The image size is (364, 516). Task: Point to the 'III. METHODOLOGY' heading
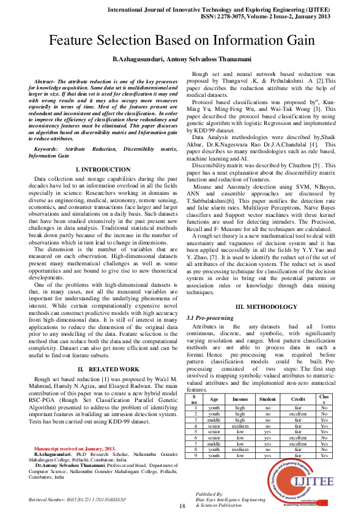click(x=265, y=306)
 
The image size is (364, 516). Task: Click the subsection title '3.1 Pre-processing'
click(x=209, y=318)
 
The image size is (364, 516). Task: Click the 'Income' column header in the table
click(x=240, y=398)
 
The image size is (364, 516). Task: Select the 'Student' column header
click(x=267, y=398)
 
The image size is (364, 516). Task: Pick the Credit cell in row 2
click(x=298, y=414)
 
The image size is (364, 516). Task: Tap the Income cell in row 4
click(x=240, y=426)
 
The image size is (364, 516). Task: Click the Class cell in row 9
click(x=324, y=455)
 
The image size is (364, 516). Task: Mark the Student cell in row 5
click(x=267, y=432)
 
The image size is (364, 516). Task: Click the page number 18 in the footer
click(x=182, y=506)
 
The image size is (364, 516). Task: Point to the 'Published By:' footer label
click(x=210, y=493)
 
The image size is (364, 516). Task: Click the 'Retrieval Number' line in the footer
click(x=76, y=499)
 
